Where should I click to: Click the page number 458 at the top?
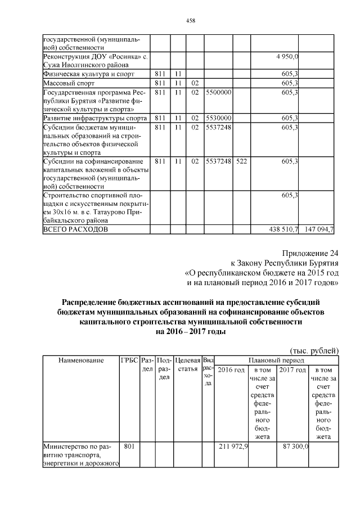point(190,20)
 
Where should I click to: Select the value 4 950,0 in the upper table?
point(287,57)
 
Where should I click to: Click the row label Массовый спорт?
point(67,83)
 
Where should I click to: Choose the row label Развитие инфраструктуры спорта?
point(95,118)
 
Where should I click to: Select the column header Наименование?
point(80,360)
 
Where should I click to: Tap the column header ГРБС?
point(129,360)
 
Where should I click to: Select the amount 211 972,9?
point(233,447)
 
